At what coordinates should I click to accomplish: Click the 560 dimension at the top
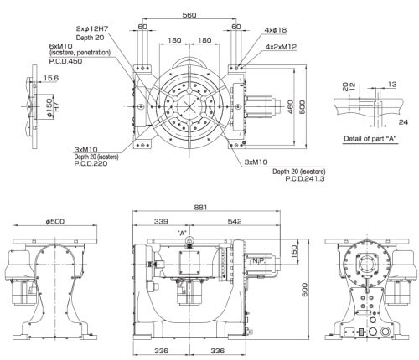click(x=189, y=15)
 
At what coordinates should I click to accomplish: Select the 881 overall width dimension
click(x=200, y=208)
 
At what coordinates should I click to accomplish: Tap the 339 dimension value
click(x=161, y=221)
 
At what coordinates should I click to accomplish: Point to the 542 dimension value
click(x=235, y=221)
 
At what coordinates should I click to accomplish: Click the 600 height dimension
click(x=305, y=290)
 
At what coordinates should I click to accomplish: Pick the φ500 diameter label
click(x=55, y=221)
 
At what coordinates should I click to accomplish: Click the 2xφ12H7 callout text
click(x=92, y=28)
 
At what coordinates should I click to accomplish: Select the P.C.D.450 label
click(x=65, y=61)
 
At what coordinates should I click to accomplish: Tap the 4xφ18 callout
click(x=276, y=30)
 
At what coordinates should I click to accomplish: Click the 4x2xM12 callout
click(x=281, y=47)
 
